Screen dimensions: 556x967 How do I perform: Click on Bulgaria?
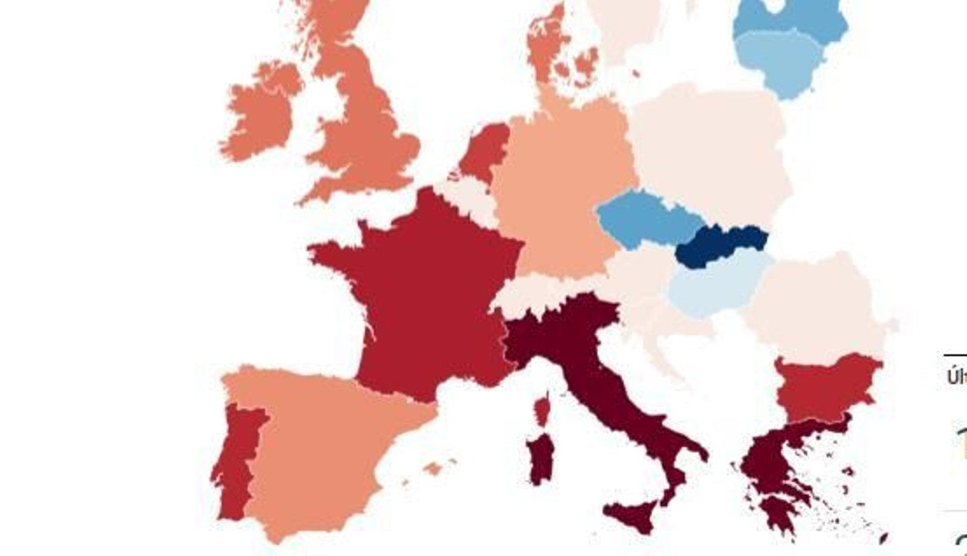pyautogui.click(x=825, y=387)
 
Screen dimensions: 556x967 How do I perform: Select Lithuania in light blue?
pyautogui.click(x=783, y=60)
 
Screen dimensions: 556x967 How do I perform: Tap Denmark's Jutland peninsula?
pyautogui.click(x=547, y=48)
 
